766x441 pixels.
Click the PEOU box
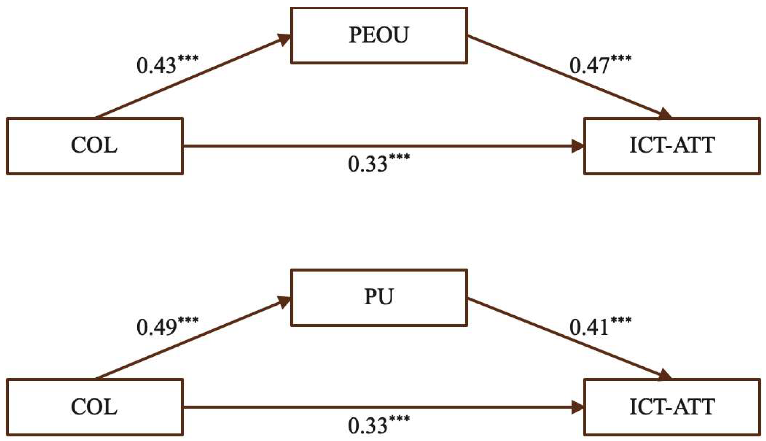point(379,35)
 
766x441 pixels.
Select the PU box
point(379,297)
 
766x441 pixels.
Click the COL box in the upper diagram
point(95,145)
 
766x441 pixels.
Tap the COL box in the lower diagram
point(95,407)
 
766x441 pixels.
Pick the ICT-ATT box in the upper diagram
point(672,145)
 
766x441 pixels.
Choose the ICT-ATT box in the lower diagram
point(672,407)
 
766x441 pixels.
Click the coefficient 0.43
point(157,66)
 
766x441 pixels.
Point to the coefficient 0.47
point(589,66)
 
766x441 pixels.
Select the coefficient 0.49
point(157,327)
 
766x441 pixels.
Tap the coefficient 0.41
point(589,327)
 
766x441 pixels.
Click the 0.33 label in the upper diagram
point(368,164)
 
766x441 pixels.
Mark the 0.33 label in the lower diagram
point(368,426)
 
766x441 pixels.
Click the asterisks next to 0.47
point(621,58)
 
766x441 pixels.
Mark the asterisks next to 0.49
point(188,320)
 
